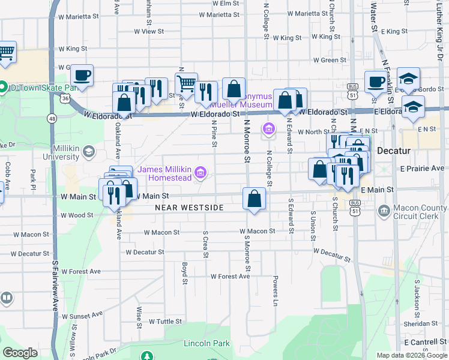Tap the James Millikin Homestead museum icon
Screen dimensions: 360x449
[x=201, y=174]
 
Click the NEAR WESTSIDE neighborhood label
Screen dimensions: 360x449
[x=189, y=208]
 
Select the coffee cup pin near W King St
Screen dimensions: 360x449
[x=82, y=76]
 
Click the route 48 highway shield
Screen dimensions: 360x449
[x=53, y=119]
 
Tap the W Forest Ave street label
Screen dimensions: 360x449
[x=229, y=277]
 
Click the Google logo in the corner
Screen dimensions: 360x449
[x=20, y=353]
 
